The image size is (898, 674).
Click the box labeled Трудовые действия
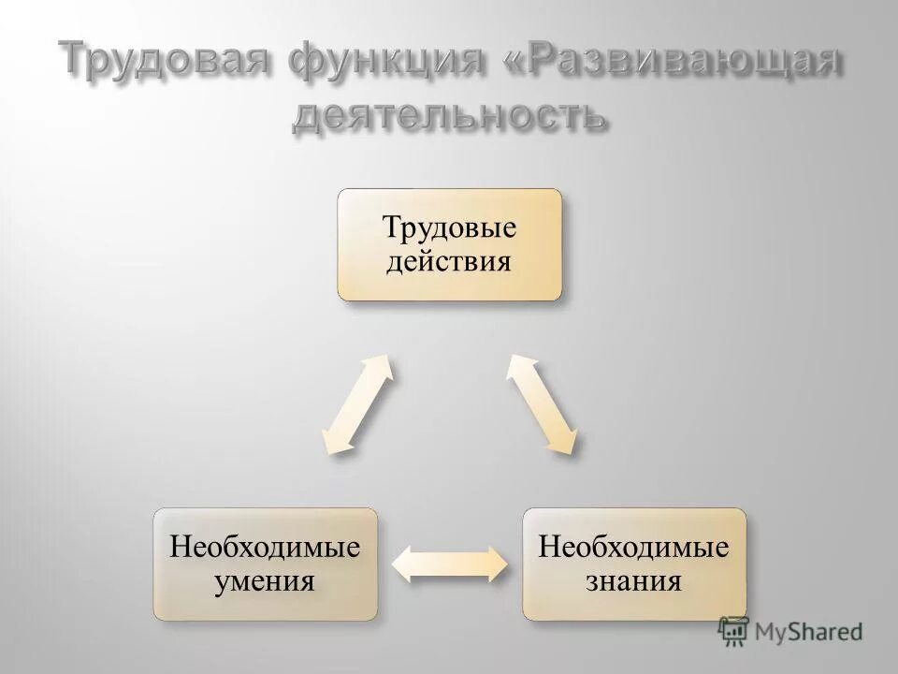tap(450, 244)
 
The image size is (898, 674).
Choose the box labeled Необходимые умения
tap(266, 564)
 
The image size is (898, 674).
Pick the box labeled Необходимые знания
tap(634, 564)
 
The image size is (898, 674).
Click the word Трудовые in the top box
tap(450, 227)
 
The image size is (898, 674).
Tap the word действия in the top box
tap(450, 260)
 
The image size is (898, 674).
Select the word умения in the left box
tap(266, 580)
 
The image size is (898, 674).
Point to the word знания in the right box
tap(634, 580)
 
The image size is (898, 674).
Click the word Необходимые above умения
tap(266, 547)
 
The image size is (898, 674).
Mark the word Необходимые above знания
tap(634, 547)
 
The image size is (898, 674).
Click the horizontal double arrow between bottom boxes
tap(449, 564)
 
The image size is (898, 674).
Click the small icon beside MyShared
tap(733, 630)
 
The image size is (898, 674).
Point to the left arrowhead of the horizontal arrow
tap(402, 564)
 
